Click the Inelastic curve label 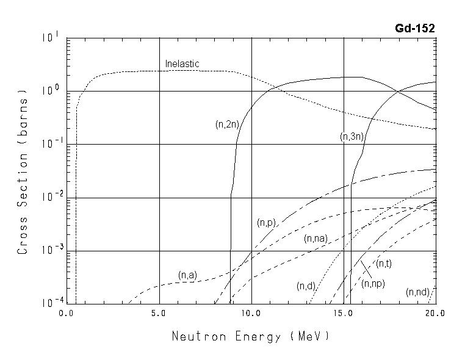[x=182, y=63]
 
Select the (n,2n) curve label [x=226, y=124]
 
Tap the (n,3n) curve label [x=352, y=137]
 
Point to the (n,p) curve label [x=267, y=223]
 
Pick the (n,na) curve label [x=316, y=239]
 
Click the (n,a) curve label [x=188, y=275]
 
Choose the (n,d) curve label [x=306, y=286]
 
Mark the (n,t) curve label [x=384, y=263]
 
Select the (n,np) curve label [x=373, y=283]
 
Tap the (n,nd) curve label [x=417, y=292]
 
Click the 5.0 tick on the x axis [x=159, y=313]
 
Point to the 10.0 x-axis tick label [x=251, y=313]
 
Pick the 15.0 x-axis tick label [x=344, y=313]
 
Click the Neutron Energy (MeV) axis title [x=250, y=336]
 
